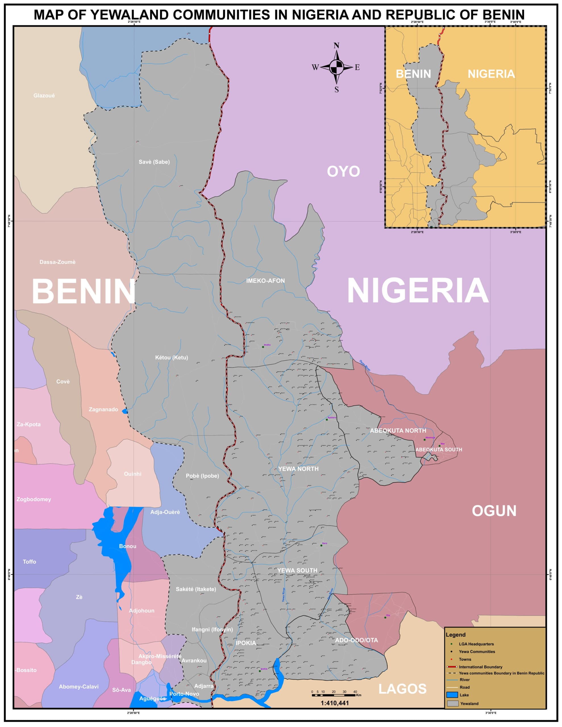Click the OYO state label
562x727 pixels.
click(343, 172)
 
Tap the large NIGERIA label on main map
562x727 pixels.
click(417, 291)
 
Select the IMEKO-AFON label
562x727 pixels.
click(265, 281)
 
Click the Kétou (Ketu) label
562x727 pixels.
click(172, 358)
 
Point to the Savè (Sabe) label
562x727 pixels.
click(154, 162)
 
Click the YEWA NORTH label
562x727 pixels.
click(298, 469)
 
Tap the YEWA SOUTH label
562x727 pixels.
click(297, 571)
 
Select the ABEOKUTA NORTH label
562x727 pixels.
click(398, 431)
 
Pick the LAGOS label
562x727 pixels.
click(402, 689)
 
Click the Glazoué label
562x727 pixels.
click(44, 95)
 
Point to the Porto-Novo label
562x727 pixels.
click(184, 694)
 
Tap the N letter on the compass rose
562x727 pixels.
click(336, 46)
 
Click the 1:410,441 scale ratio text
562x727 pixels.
click(334, 703)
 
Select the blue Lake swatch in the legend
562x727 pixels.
click(452, 695)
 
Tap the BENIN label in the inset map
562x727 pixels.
click(413, 74)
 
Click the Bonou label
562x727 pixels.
click(128, 546)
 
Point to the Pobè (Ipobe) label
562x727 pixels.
click(202, 476)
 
